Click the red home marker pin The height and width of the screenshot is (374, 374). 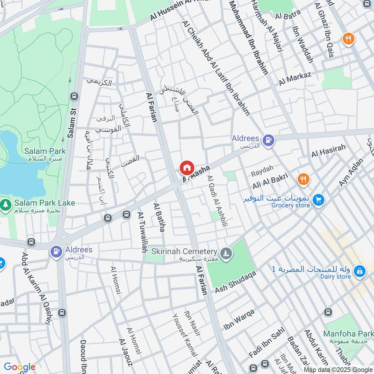(x=187, y=167)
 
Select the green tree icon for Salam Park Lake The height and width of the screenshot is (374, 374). (x=6, y=204)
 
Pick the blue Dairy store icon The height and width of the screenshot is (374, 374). (x=359, y=271)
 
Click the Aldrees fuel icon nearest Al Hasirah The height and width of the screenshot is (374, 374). (x=268, y=139)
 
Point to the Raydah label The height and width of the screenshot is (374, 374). (x=261, y=173)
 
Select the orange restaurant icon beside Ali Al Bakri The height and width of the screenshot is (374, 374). (x=303, y=179)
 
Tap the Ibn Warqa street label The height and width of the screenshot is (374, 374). (x=239, y=319)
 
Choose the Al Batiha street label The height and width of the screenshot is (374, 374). (x=159, y=217)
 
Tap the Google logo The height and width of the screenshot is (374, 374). (x=20, y=367)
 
